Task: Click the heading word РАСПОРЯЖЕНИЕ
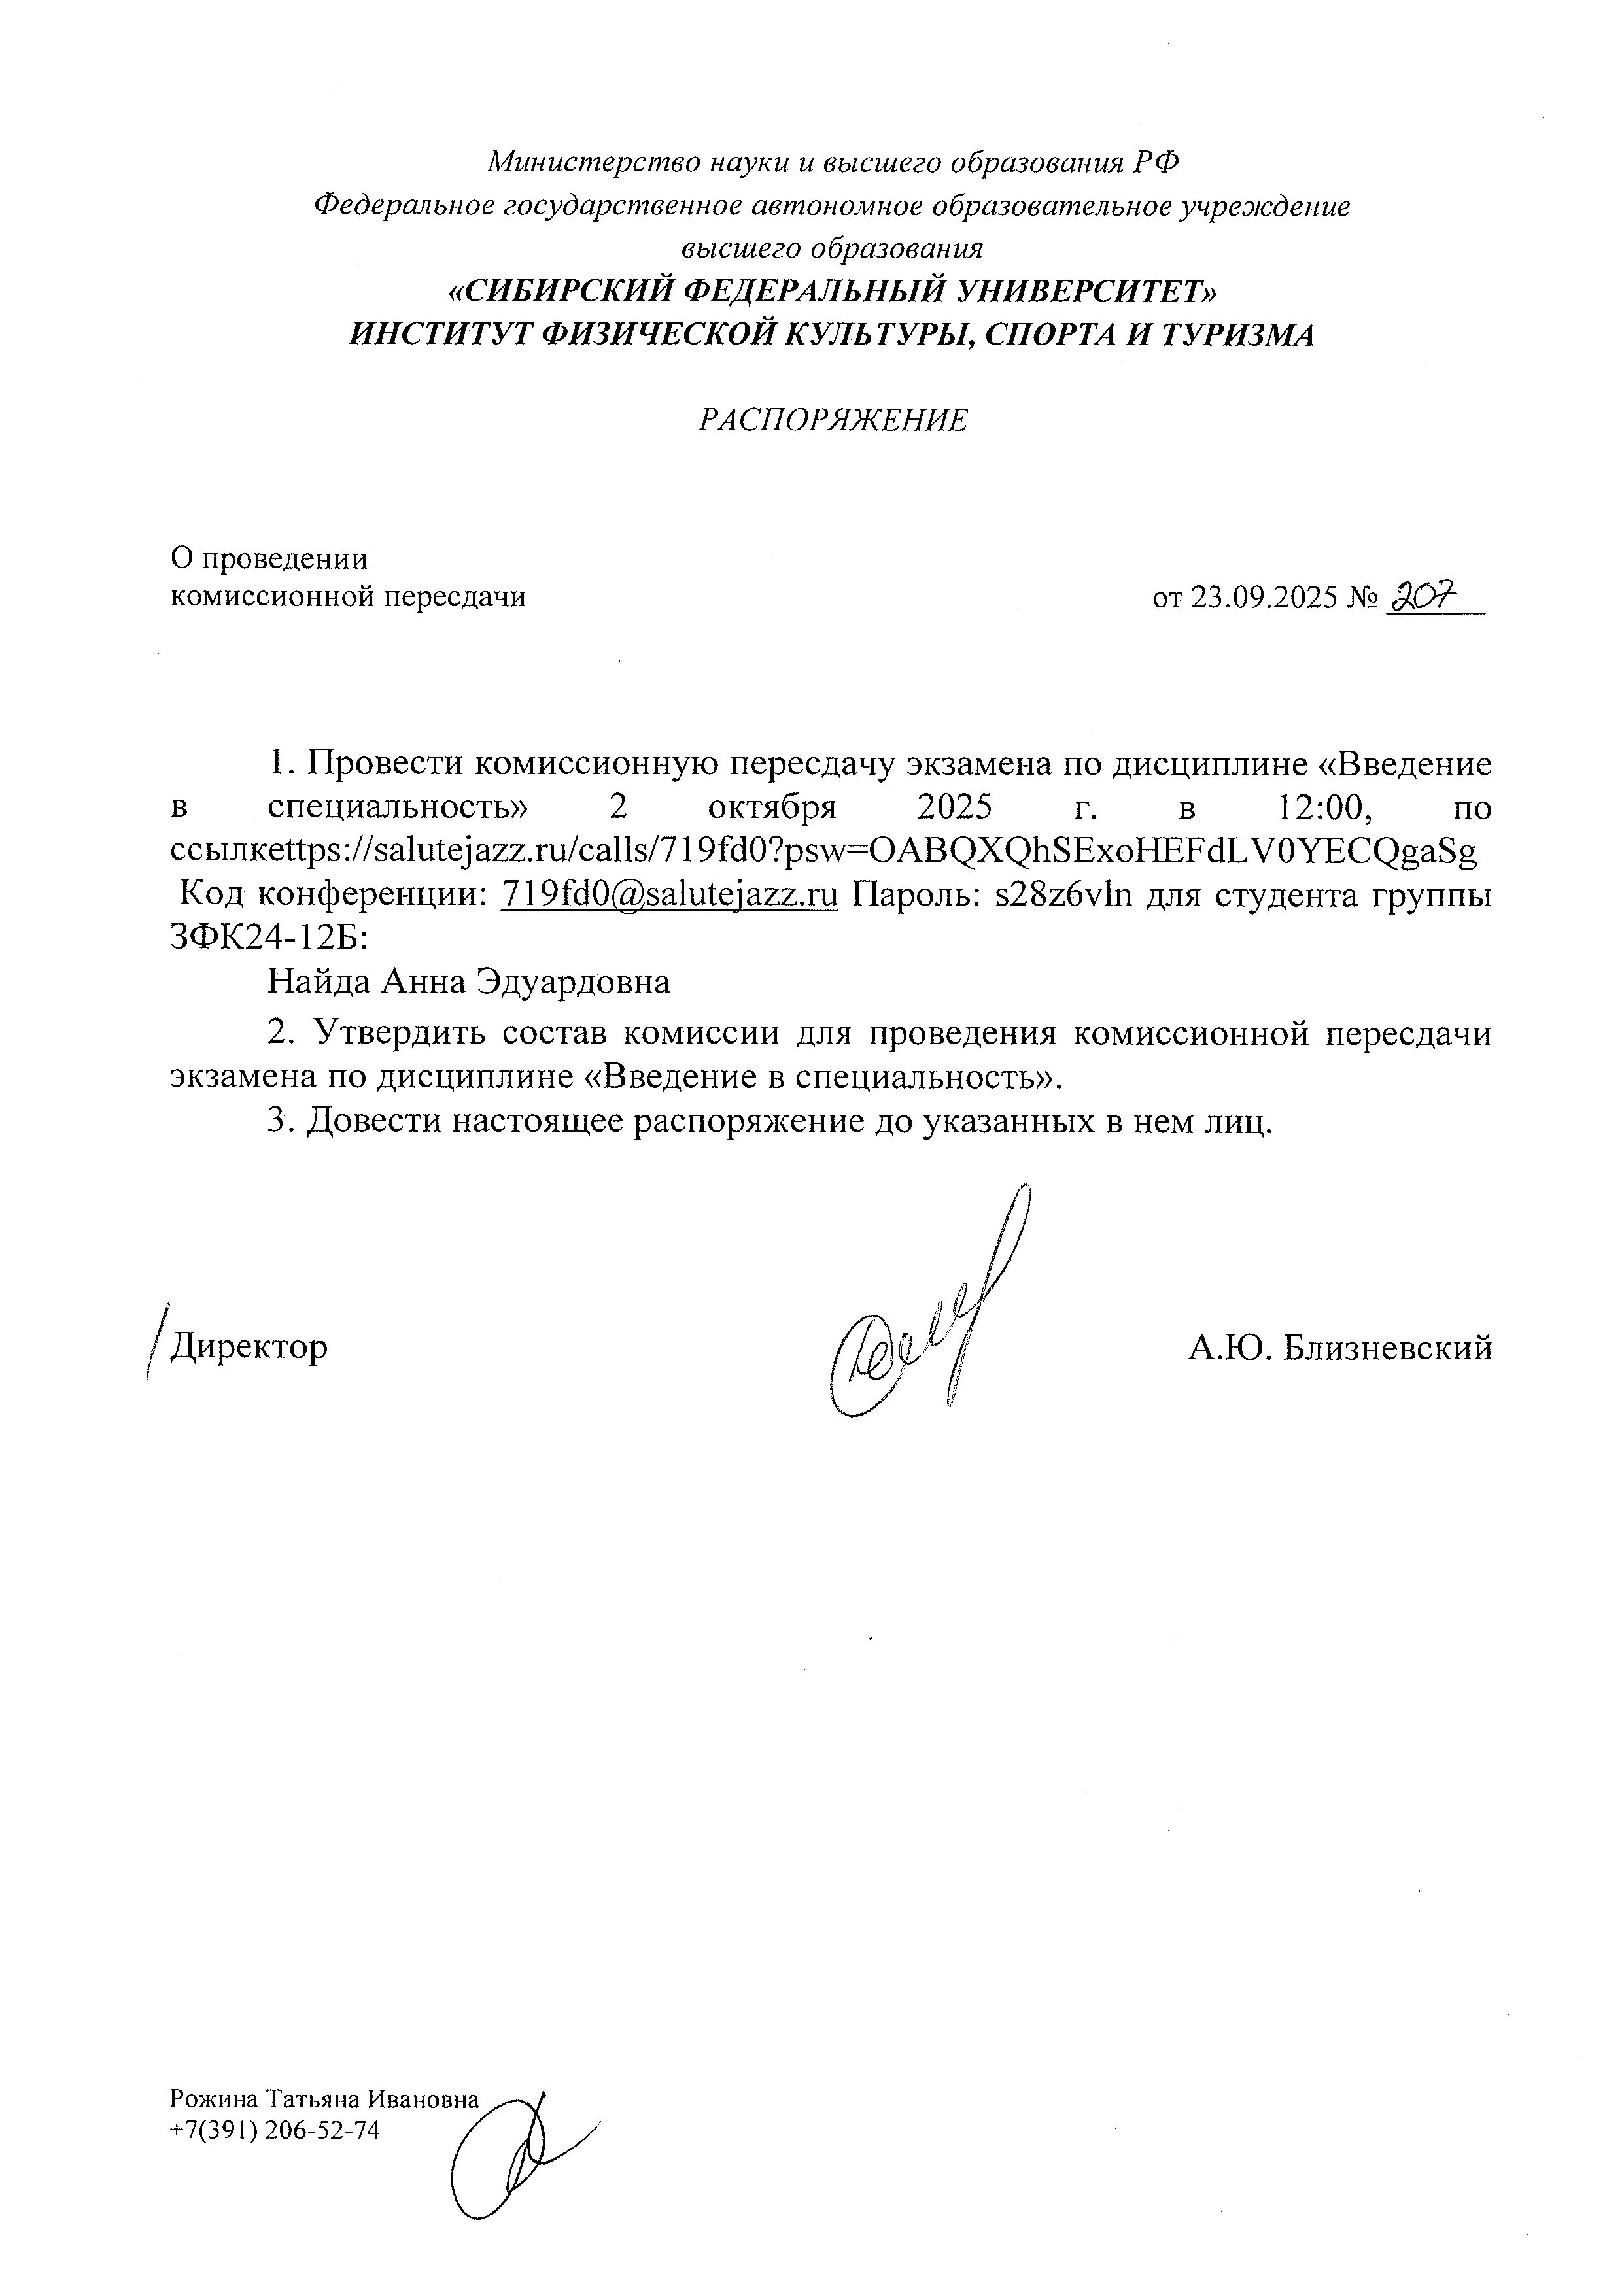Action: tap(832, 420)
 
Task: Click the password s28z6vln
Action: tap(1063, 895)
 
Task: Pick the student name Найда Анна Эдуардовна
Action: tap(468, 983)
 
